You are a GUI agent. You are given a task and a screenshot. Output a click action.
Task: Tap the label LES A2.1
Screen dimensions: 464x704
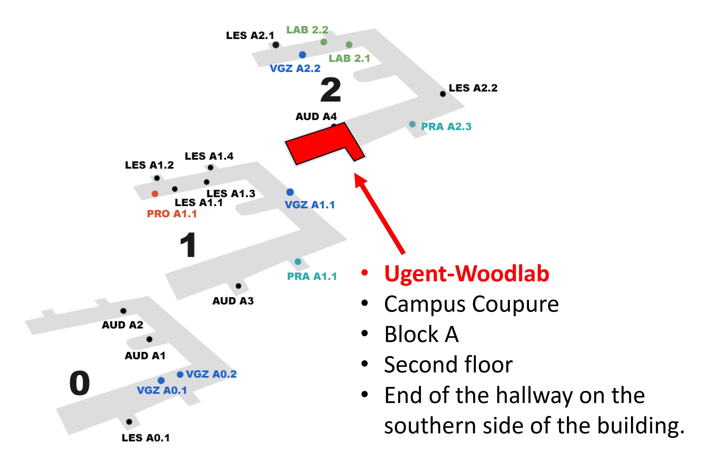(250, 36)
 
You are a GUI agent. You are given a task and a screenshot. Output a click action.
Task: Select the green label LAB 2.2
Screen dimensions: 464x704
(307, 30)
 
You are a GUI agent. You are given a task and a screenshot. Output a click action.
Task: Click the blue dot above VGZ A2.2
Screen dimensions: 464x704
(302, 55)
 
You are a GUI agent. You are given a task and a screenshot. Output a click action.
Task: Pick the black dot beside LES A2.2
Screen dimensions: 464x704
(443, 94)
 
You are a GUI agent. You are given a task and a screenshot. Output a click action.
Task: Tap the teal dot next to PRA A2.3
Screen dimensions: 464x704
(412, 124)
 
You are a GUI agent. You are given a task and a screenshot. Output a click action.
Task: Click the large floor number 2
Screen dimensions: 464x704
(331, 90)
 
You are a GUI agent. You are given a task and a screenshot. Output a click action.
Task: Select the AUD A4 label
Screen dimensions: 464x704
(316, 116)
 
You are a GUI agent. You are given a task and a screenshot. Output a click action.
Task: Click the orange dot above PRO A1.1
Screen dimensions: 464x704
(155, 193)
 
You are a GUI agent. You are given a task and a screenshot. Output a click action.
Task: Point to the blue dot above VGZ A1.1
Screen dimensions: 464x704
(290, 192)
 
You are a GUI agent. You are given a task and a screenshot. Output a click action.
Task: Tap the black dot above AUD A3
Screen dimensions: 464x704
(239, 286)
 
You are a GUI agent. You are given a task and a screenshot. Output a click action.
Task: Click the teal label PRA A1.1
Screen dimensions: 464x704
(312, 276)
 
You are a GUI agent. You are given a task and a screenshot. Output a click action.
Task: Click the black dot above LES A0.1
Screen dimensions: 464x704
(129, 422)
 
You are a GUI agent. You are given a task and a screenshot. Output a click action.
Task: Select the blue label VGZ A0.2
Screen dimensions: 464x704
(211, 374)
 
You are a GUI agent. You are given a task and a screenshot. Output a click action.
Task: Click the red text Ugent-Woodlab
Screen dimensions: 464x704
(467, 273)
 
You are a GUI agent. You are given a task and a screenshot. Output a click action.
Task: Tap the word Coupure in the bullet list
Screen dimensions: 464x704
(515, 304)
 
